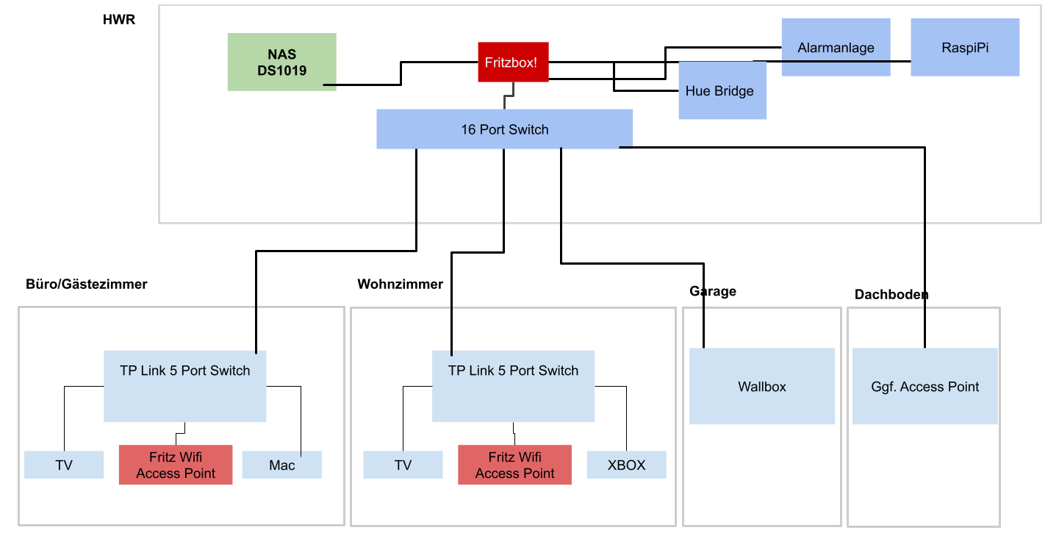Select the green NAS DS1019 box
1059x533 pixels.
(x=281, y=62)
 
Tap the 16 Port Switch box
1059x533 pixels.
(x=504, y=129)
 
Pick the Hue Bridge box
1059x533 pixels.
(x=722, y=91)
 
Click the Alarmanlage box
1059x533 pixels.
(x=836, y=48)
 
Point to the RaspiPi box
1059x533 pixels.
(x=965, y=48)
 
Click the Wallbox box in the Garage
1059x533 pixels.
(x=761, y=387)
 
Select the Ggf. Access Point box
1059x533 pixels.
(x=925, y=387)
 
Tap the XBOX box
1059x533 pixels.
(x=626, y=465)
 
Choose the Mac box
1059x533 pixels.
(x=281, y=465)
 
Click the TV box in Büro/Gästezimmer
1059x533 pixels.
(x=64, y=465)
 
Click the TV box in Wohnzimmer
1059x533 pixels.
(x=403, y=465)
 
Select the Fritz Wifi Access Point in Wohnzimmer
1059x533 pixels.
(x=514, y=465)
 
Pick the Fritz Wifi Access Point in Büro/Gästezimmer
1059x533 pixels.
(x=176, y=465)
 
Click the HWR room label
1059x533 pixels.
(x=119, y=20)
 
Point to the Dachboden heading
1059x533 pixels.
(x=891, y=295)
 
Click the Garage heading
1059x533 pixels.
(x=712, y=291)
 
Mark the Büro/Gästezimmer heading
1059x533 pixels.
(x=87, y=284)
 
